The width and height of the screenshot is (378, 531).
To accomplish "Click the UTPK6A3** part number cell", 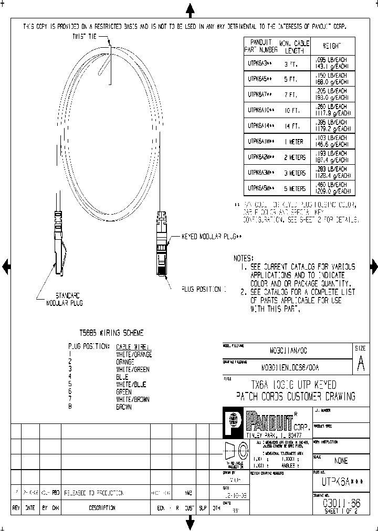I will [x=260, y=63].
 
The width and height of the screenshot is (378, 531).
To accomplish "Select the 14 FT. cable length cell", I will [x=292, y=126].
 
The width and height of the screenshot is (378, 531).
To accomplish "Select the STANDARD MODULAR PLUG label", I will [x=65, y=299].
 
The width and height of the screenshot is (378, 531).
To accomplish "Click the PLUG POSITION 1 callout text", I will [x=204, y=289].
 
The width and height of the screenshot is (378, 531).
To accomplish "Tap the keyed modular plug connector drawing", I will [x=162, y=244].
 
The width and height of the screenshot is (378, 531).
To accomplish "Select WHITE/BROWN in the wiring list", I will [x=132, y=399].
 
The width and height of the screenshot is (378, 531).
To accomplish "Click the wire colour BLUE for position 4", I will [x=122, y=377].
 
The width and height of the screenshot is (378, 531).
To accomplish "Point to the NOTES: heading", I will [x=244, y=258].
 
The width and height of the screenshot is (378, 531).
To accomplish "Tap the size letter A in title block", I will [x=361, y=366].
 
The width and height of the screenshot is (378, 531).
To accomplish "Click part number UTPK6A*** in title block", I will [x=342, y=481].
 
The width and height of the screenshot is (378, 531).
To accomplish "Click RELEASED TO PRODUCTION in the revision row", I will [x=93, y=493].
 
